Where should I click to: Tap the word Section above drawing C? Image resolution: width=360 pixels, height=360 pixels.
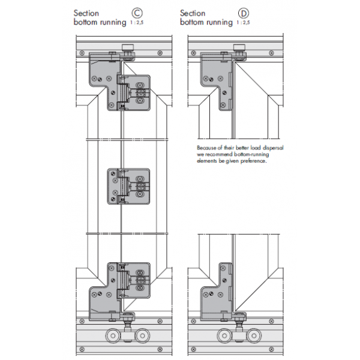(x=86, y=13)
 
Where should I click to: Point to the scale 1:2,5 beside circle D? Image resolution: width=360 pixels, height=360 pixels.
(x=243, y=23)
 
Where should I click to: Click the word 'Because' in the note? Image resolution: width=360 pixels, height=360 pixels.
(x=206, y=148)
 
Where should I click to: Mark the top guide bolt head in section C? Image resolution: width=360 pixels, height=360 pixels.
(x=127, y=49)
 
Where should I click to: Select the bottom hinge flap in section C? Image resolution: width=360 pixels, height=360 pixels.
(x=137, y=280)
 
